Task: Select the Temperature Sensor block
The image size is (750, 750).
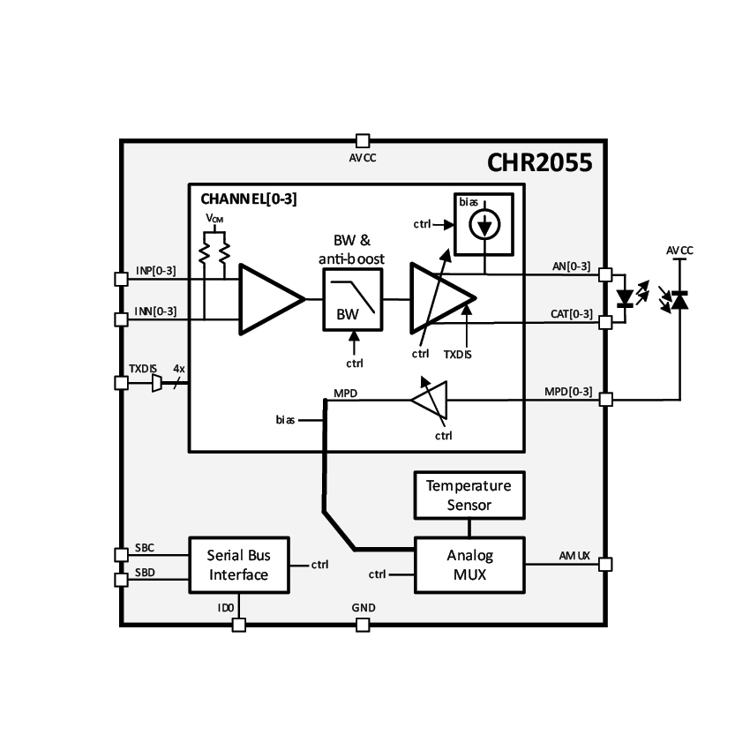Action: [x=468, y=496]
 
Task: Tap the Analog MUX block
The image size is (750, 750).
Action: [x=469, y=566]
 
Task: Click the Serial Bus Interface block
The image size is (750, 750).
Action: [x=238, y=566]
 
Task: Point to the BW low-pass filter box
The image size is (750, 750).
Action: [x=354, y=301]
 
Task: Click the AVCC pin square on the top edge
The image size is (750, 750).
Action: [x=362, y=140]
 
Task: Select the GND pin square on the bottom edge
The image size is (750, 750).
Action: [x=362, y=625]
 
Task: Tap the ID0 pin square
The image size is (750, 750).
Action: [x=238, y=625]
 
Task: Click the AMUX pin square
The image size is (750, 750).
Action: [x=606, y=564]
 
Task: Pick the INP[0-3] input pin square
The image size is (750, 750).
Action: [x=122, y=279]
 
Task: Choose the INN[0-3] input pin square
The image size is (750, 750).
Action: [x=122, y=319]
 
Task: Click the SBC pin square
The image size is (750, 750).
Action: [x=122, y=554]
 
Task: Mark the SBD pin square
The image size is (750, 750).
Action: [x=122, y=580]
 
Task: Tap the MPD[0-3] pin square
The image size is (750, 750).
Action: [x=606, y=400]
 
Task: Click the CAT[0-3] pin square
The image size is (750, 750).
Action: [x=606, y=322]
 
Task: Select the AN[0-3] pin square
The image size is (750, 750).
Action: [x=606, y=274]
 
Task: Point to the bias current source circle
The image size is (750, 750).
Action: [x=483, y=228]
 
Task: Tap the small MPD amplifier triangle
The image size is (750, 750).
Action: [x=431, y=401]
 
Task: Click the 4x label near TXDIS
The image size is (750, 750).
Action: [x=179, y=368]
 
